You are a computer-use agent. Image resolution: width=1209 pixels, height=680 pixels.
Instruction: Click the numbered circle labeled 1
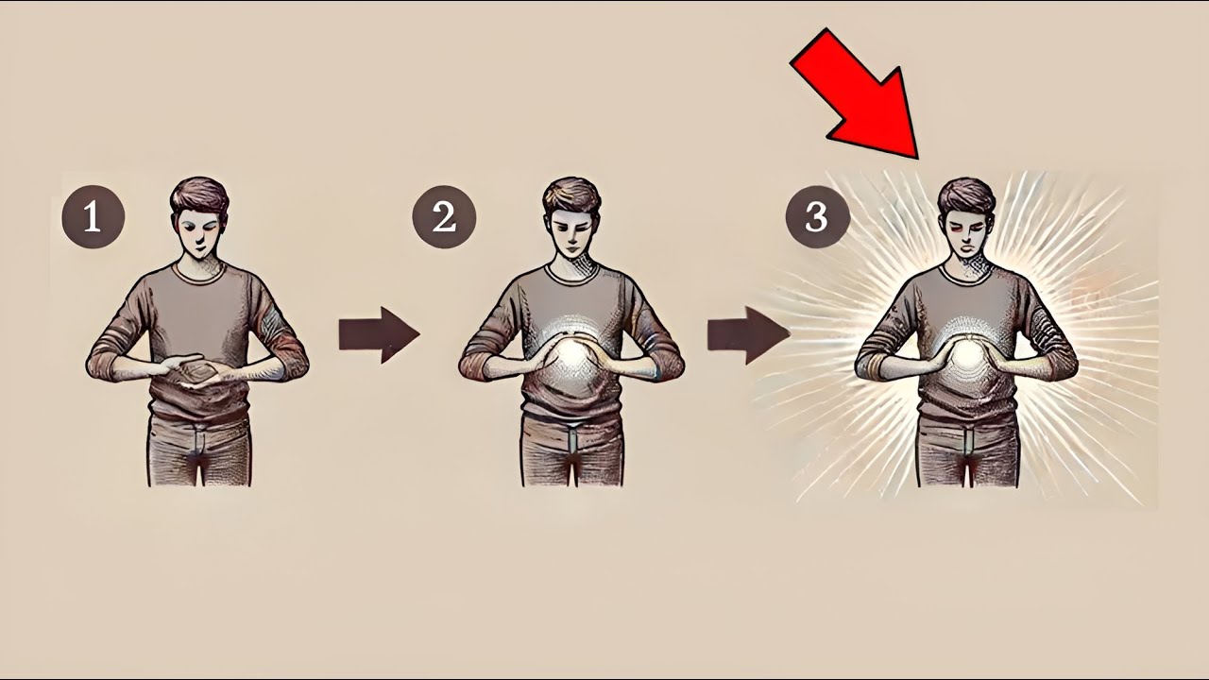[94, 217]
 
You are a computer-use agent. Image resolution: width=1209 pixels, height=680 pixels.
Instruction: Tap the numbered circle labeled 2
[444, 217]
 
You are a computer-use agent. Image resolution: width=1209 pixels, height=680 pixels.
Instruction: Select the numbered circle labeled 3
[817, 217]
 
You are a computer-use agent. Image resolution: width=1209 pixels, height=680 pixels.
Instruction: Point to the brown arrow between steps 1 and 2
[379, 334]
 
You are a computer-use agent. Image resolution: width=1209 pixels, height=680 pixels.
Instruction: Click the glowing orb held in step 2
[571, 356]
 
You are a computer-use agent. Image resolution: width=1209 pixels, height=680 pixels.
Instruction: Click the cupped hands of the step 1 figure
[197, 369]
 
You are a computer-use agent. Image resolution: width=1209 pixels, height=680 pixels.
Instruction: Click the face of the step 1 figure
[199, 235]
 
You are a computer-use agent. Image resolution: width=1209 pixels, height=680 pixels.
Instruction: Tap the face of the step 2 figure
[572, 235]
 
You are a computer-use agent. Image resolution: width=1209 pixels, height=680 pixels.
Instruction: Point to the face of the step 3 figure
[967, 235]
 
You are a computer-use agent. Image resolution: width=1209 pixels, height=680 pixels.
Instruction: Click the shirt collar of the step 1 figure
[199, 274]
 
